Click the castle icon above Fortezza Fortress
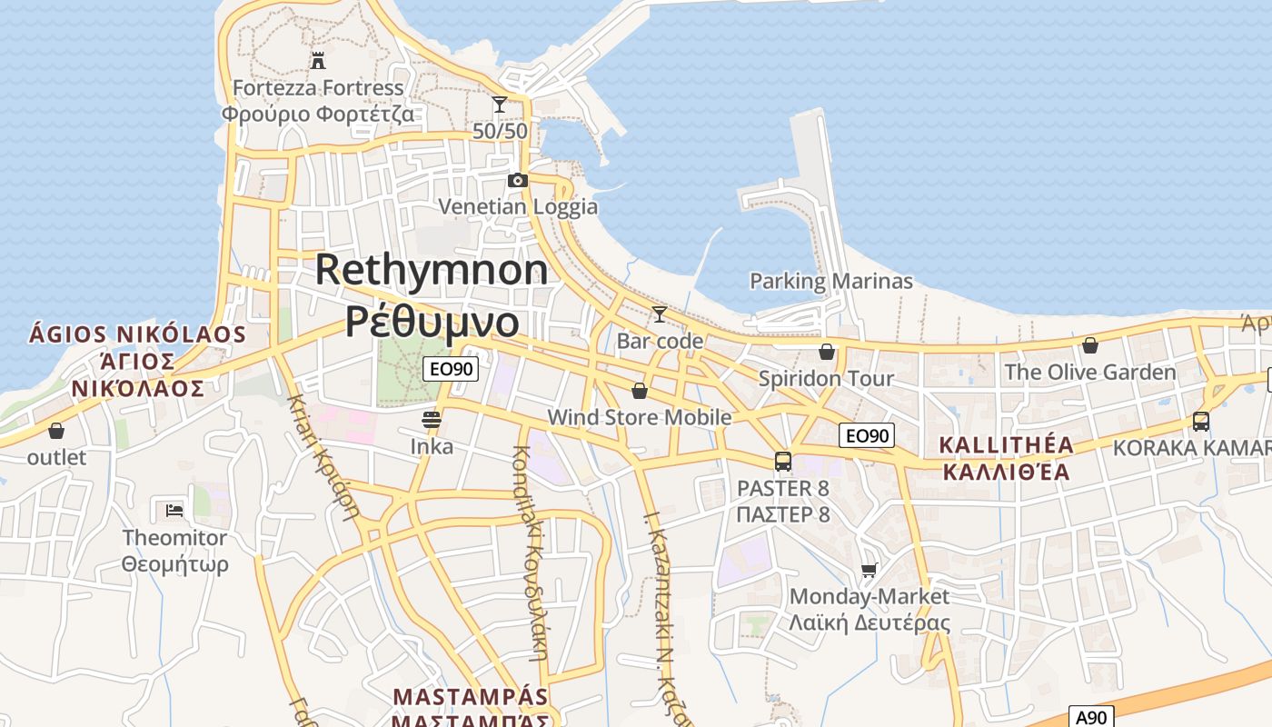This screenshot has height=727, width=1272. click(318, 61)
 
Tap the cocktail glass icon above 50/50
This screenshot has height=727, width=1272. click(500, 105)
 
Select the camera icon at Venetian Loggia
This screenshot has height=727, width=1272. click(518, 180)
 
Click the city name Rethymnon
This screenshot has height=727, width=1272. click(432, 270)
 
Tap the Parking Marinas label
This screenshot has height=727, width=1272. click(830, 281)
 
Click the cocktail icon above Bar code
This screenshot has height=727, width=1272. click(660, 314)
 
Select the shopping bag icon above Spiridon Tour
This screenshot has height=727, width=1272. click(827, 352)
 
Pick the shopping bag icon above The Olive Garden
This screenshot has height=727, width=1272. click(1090, 345)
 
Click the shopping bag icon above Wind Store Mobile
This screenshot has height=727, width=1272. click(640, 391)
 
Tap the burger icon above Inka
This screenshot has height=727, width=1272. click(432, 420)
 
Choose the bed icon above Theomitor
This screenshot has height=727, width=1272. click(175, 510)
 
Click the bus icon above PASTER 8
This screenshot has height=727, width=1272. click(783, 462)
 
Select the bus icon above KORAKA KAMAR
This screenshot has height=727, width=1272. click(1201, 422)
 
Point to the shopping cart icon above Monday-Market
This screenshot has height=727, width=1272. click(870, 571)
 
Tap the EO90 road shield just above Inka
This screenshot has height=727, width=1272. click(450, 369)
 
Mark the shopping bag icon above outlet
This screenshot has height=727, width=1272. click(56, 431)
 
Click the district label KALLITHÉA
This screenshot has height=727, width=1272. click(1006, 445)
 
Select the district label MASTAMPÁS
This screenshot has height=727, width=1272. click(471, 697)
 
